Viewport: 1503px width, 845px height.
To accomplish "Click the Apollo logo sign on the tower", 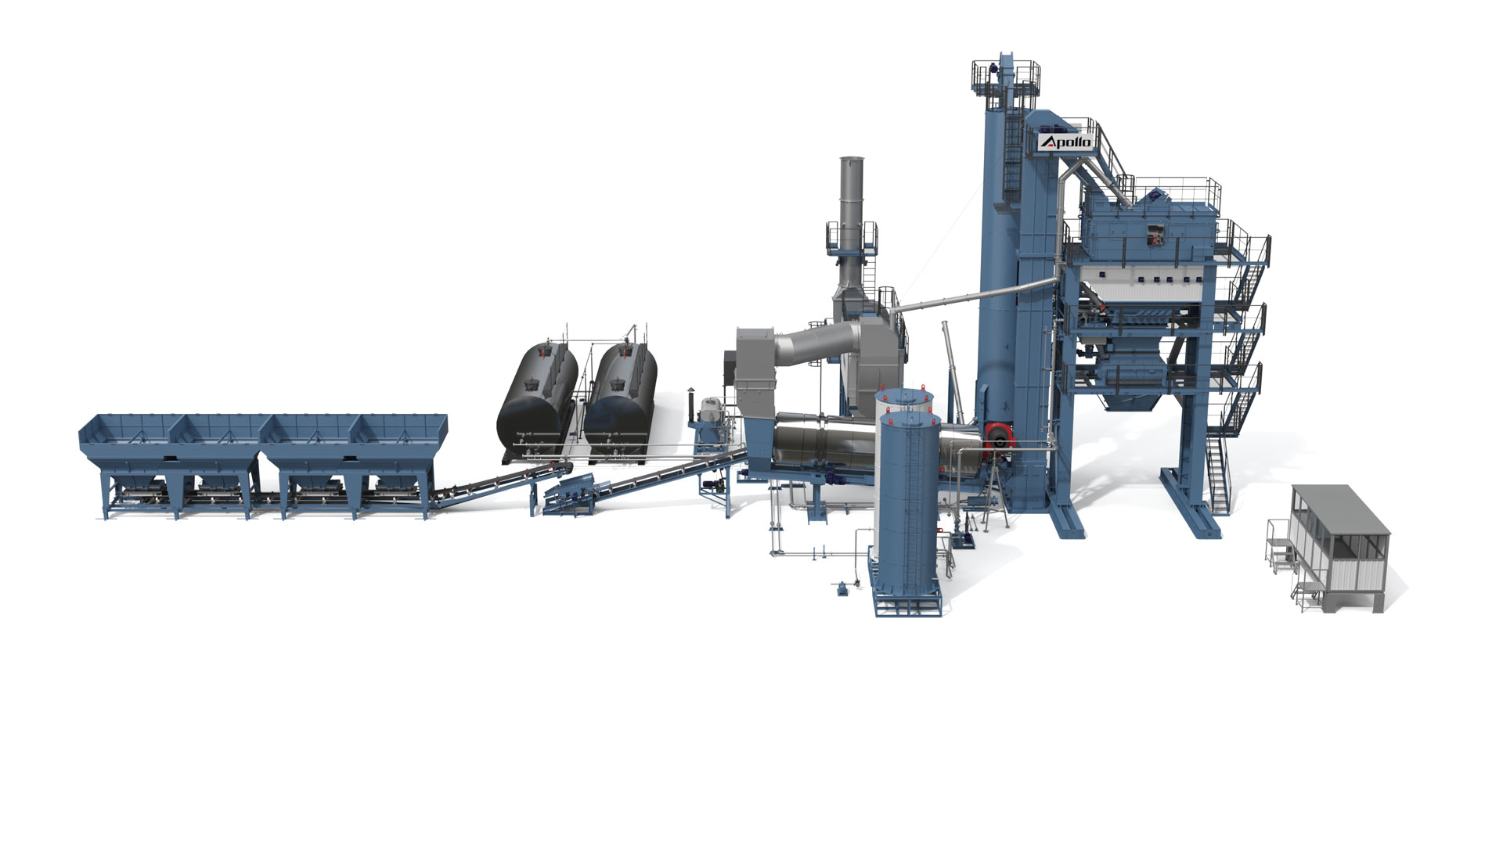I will point(1065,142).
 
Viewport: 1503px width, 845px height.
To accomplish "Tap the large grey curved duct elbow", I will point(814,344).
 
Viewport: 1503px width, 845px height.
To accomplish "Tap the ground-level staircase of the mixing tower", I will point(1217,473).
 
